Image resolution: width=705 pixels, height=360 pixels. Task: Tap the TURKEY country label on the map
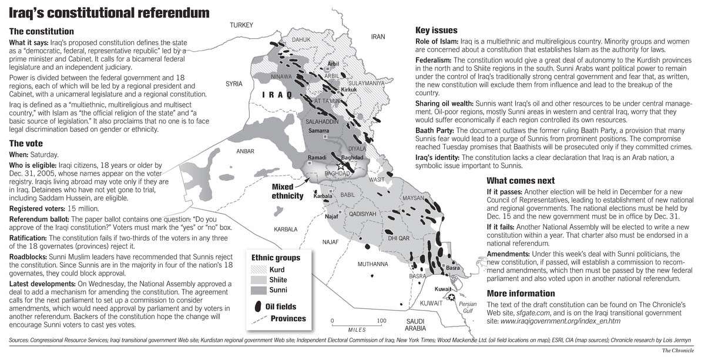(x=241, y=25)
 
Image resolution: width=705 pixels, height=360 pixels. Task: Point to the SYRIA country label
(x=234, y=85)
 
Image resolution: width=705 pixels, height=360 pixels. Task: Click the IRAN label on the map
(x=378, y=36)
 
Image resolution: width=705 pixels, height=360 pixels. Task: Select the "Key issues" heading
(x=437, y=30)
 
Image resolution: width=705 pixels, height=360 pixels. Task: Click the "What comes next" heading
(x=521, y=180)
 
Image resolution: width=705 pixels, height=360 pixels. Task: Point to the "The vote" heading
(x=26, y=143)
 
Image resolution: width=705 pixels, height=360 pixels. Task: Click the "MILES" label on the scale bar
(x=357, y=330)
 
